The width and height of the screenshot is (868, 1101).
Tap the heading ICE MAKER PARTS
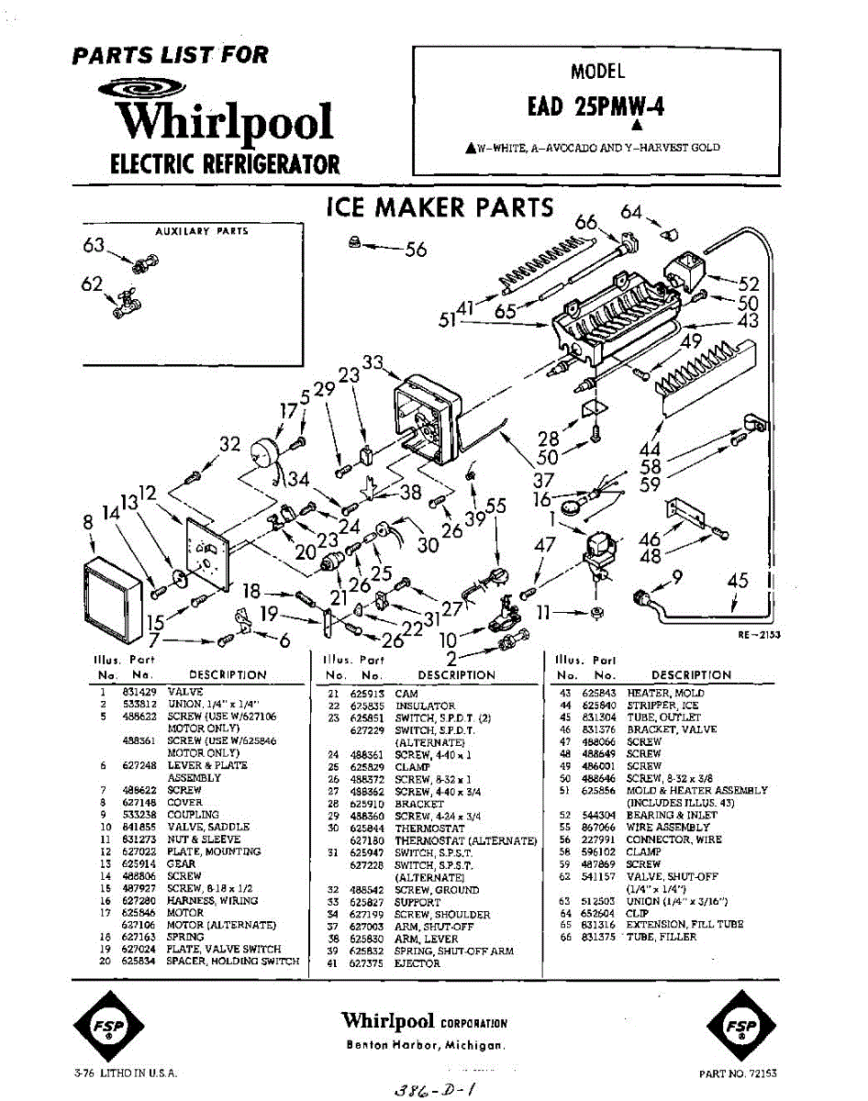[x=440, y=208]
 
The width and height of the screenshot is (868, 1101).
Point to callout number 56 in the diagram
[x=416, y=250]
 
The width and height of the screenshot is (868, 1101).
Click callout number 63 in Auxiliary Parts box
[x=94, y=246]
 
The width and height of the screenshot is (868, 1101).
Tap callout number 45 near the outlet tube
[x=738, y=581]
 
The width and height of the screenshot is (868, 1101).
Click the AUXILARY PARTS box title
[x=202, y=231]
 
